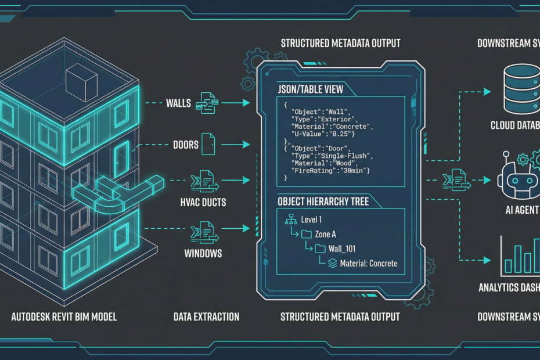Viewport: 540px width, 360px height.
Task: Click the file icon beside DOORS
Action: (208, 144)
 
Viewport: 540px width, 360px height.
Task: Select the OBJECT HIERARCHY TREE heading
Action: (323, 201)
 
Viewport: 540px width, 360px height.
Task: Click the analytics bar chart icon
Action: (519, 259)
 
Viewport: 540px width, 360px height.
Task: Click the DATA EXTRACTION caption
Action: (206, 316)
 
